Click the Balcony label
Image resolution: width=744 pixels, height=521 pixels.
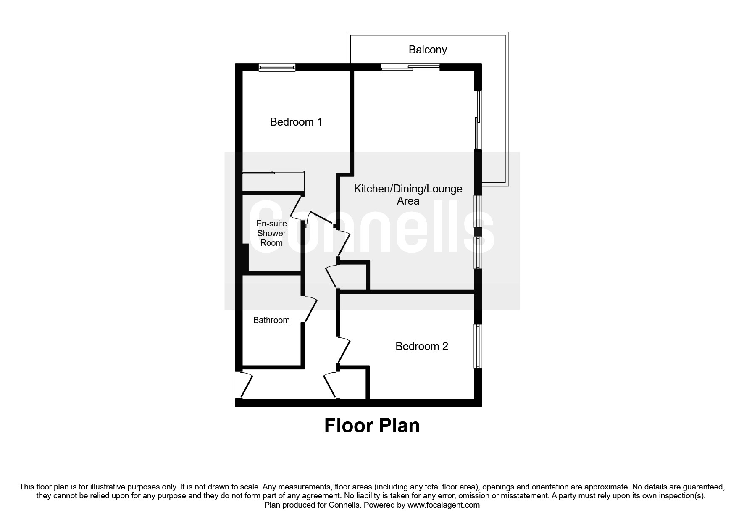click(x=427, y=50)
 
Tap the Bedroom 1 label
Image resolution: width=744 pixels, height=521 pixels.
click(x=296, y=122)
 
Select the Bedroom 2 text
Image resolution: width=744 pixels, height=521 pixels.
click(x=421, y=346)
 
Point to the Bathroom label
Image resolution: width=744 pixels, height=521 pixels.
click(x=271, y=320)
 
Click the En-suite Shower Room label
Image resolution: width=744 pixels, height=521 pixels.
click(x=271, y=233)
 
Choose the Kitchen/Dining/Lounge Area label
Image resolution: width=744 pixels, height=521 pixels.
click(x=408, y=195)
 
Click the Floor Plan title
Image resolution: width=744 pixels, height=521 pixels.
click(x=372, y=426)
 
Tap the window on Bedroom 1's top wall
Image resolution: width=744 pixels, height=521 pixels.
click(x=276, y=67)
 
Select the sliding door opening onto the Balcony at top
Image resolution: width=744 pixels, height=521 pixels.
click(x=410, y=67)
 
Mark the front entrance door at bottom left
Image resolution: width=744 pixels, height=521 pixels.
click(x=245, y=385)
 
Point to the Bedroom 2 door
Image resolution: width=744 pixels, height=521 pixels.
click(x=344, y=350)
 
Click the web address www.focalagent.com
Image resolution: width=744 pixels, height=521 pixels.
click(x=444, y=505)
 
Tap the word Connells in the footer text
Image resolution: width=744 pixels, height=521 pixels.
click(x=346, y=505)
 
